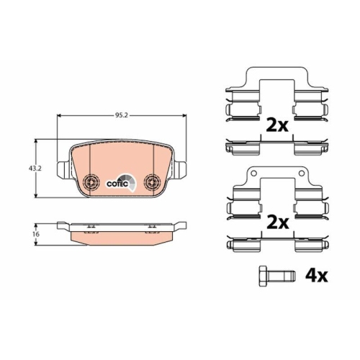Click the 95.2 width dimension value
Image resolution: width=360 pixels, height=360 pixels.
pyautogui.click(x=121, y=112)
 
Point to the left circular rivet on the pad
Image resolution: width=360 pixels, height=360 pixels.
pyautogui.click(x=90, y=182)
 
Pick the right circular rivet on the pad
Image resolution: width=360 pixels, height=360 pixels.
pyautogui.click(x=152, y=182)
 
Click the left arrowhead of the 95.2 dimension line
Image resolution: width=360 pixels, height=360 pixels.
pyautogui.click(x=59, y=116)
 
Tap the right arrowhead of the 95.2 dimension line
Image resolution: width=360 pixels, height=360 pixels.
pyautogui.click(x=184, y=116)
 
